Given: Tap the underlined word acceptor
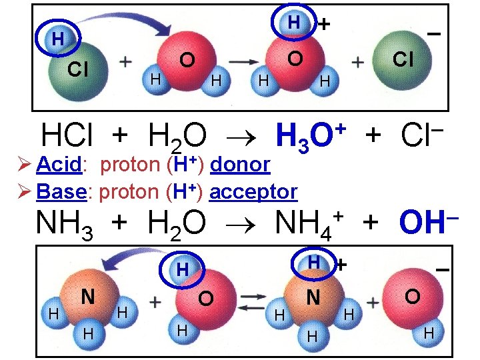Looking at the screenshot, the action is pyautogui.click(x=253, y=192).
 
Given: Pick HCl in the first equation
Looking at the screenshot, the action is pyautogui.click(x=71, y=136).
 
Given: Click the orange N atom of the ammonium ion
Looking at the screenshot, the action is pyautogui.click(x=312, y=297).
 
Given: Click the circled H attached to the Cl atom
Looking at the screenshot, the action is pyautogui.click(x=59, y=39).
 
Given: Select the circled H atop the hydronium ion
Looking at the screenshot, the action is pyautogui.click(x=293, y=22).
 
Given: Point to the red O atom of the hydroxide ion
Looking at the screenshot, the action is pyautogui.click(x=411, y=295).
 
